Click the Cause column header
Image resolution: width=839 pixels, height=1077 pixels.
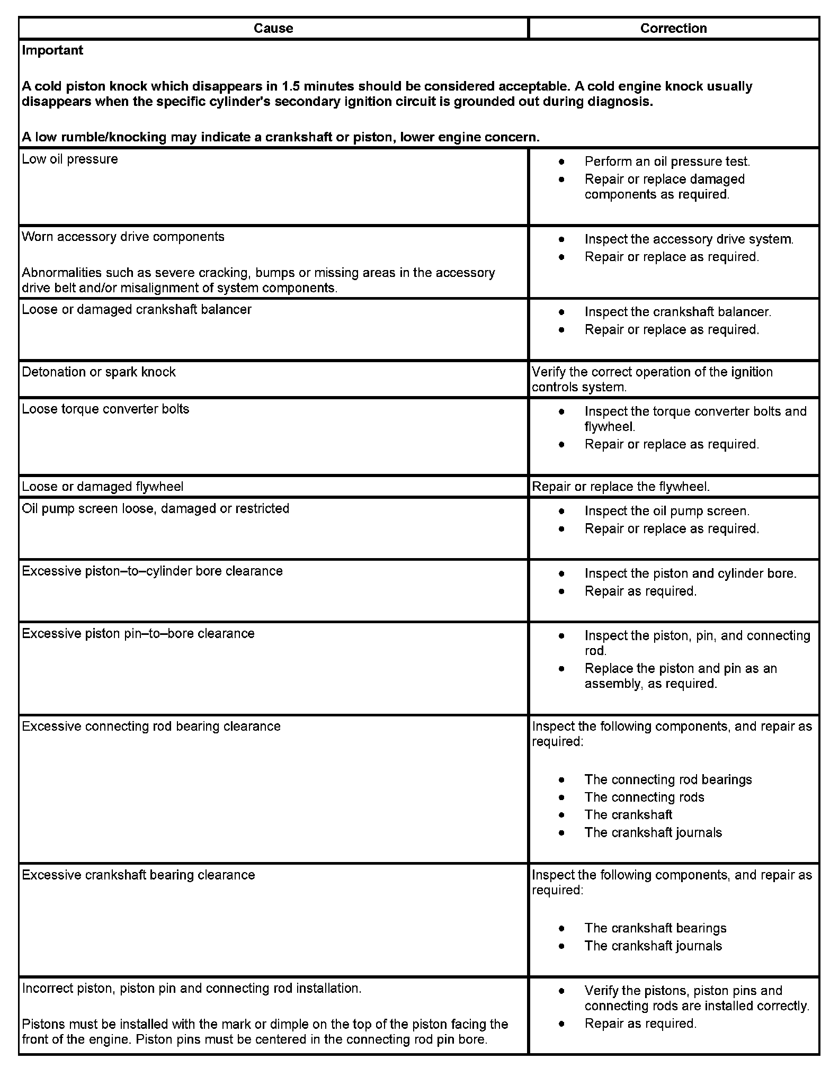tap(273, 28)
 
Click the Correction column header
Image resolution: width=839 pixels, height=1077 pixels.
tap(673, 28)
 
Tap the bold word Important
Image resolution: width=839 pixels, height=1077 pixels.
tap(52, 50)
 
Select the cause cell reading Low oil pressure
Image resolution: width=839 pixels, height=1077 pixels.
tap(70, 159)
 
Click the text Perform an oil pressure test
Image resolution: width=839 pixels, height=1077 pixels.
tap(667, 161)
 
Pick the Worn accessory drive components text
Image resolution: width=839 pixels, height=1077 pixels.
tap(123, 237)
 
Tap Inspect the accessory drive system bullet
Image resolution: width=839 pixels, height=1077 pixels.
tap(689, 239)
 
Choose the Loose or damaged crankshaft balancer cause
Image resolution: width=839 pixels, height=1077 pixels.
tap(137, 309)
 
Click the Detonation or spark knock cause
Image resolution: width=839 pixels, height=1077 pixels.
tap(99, 372)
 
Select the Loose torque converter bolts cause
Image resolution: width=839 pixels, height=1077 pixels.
tap(105, 409)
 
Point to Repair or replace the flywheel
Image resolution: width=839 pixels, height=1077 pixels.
tap(620, 487)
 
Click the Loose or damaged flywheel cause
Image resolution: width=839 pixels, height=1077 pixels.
tap(103, 487)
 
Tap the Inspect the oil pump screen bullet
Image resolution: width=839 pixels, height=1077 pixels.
tap(667, 511)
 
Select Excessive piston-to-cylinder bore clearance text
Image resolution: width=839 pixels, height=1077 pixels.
tap(152, 571)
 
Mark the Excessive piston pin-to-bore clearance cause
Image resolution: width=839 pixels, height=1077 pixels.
tap(138, 634)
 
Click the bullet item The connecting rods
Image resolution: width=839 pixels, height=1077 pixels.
tap(644, 797)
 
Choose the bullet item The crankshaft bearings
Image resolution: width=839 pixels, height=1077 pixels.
tap(655, 928)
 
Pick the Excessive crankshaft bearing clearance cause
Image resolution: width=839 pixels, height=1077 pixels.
tap(138, 875)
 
